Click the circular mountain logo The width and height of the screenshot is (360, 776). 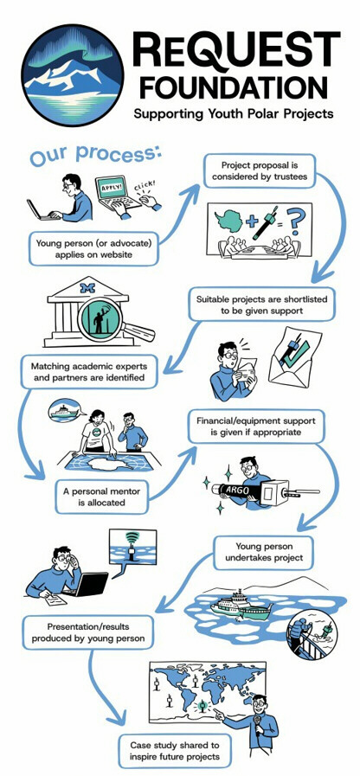73,74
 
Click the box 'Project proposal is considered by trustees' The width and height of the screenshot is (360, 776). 260,170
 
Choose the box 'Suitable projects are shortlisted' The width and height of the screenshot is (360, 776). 262,305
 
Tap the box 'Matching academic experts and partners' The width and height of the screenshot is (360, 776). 89,372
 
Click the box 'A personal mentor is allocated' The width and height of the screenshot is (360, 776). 101,497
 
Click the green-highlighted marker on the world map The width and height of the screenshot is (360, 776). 202,703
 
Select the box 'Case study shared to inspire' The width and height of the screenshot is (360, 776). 175,751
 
